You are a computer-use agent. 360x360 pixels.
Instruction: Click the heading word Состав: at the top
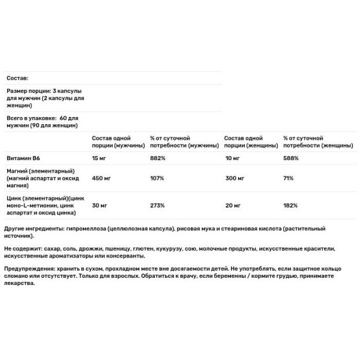tap(17, 79)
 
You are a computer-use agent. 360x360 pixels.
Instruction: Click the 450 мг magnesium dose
tap(100, 179)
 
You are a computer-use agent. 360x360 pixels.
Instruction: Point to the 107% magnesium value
tap(157, 179)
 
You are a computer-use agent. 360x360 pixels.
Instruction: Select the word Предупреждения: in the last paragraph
tap(31, 269)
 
